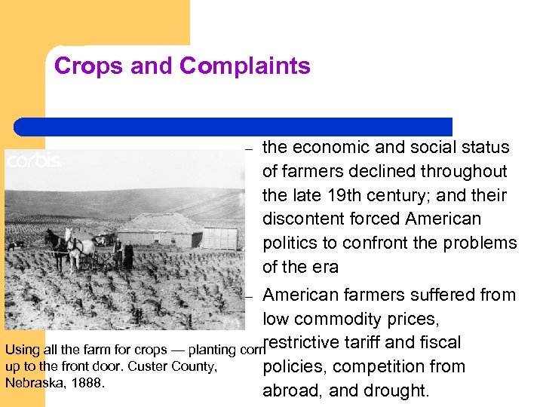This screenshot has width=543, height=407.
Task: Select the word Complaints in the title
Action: point(245,66)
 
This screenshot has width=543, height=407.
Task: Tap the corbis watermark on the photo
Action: point(34,161)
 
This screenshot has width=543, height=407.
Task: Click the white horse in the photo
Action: point(81,247)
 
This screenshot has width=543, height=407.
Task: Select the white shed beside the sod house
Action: point(220,237)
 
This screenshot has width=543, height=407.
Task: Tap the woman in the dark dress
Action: point(128,256)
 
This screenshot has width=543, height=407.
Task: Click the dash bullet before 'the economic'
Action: point(248,148)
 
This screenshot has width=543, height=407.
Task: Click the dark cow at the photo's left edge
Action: point(14,245)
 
